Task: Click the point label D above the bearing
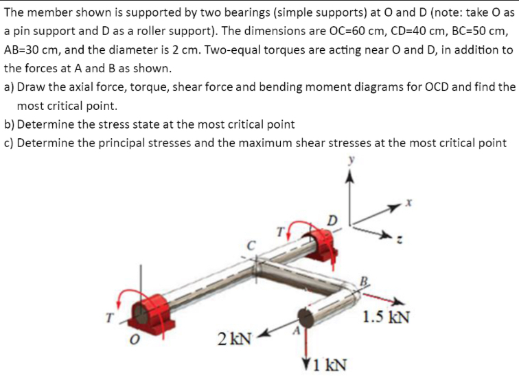(332, 220)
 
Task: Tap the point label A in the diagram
(295, 331)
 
